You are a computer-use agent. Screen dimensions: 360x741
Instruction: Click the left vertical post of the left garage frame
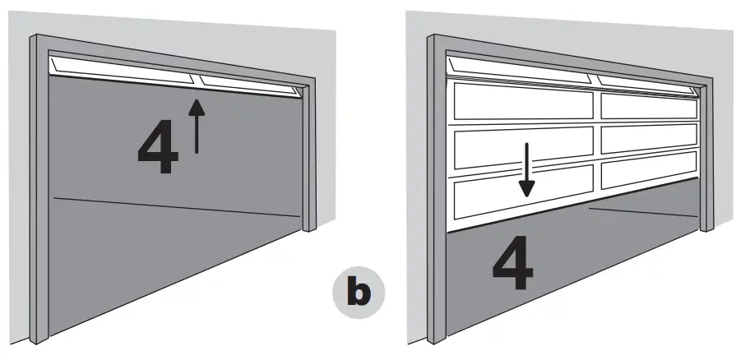38,189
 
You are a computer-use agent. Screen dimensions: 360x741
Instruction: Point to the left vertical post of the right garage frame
434,189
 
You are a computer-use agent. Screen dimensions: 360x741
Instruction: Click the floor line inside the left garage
177,207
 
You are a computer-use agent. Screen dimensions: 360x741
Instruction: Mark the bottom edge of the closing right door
567,214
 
